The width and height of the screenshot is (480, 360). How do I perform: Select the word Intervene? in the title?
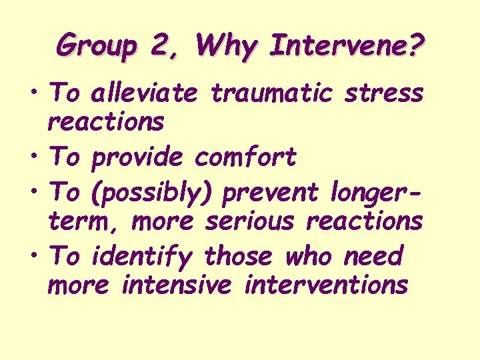pyautogui.click(x=348, y=46)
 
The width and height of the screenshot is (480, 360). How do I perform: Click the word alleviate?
pyautogui.click(x=144, y=93)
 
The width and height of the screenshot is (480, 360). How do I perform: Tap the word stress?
pyautogui.click(x=384, y=93)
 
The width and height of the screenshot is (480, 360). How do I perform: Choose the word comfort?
pyautogui.click(x=245, y=158)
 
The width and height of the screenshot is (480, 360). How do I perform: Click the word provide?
pyautogui.click(x=137, y=158)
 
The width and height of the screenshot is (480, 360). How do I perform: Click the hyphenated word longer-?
pyautogui.click(x=377, y=191)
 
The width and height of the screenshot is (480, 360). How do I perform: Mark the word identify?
pyautogui.click(x=142, y=255)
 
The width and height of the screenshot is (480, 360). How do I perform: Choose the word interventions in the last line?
pyautogui.click(x=327, y=285)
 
